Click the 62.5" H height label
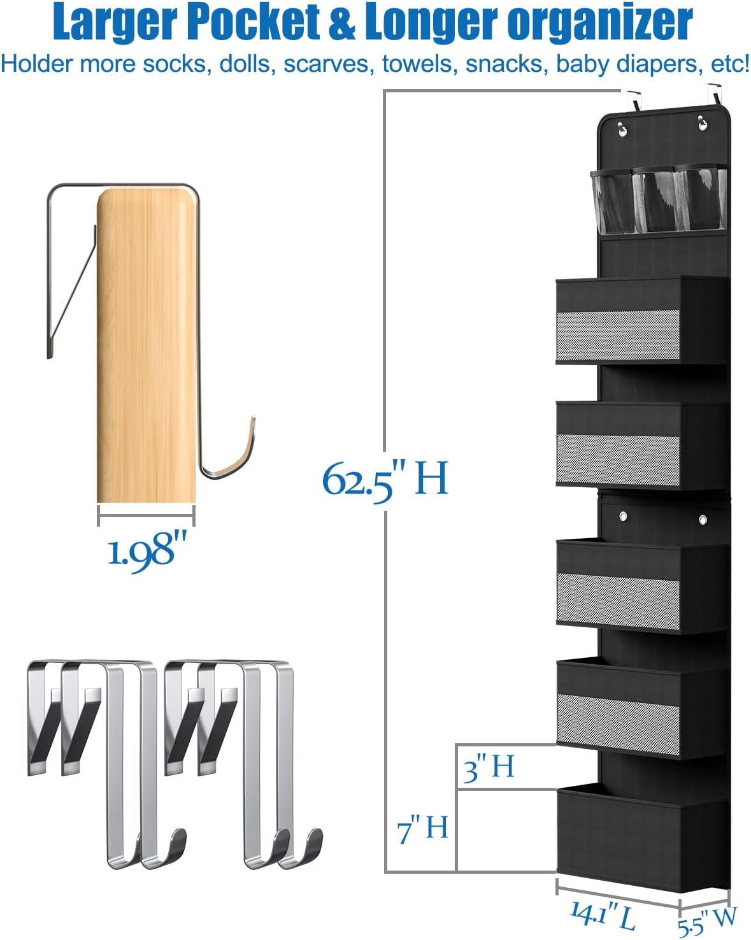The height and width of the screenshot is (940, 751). (x=385, y=481)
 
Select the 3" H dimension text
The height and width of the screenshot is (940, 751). (x=489, y=768)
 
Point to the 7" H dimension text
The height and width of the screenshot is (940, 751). (x=422, y=829)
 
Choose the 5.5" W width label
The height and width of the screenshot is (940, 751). (x=707, y=922)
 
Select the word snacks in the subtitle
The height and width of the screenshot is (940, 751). (x=507, y=64)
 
